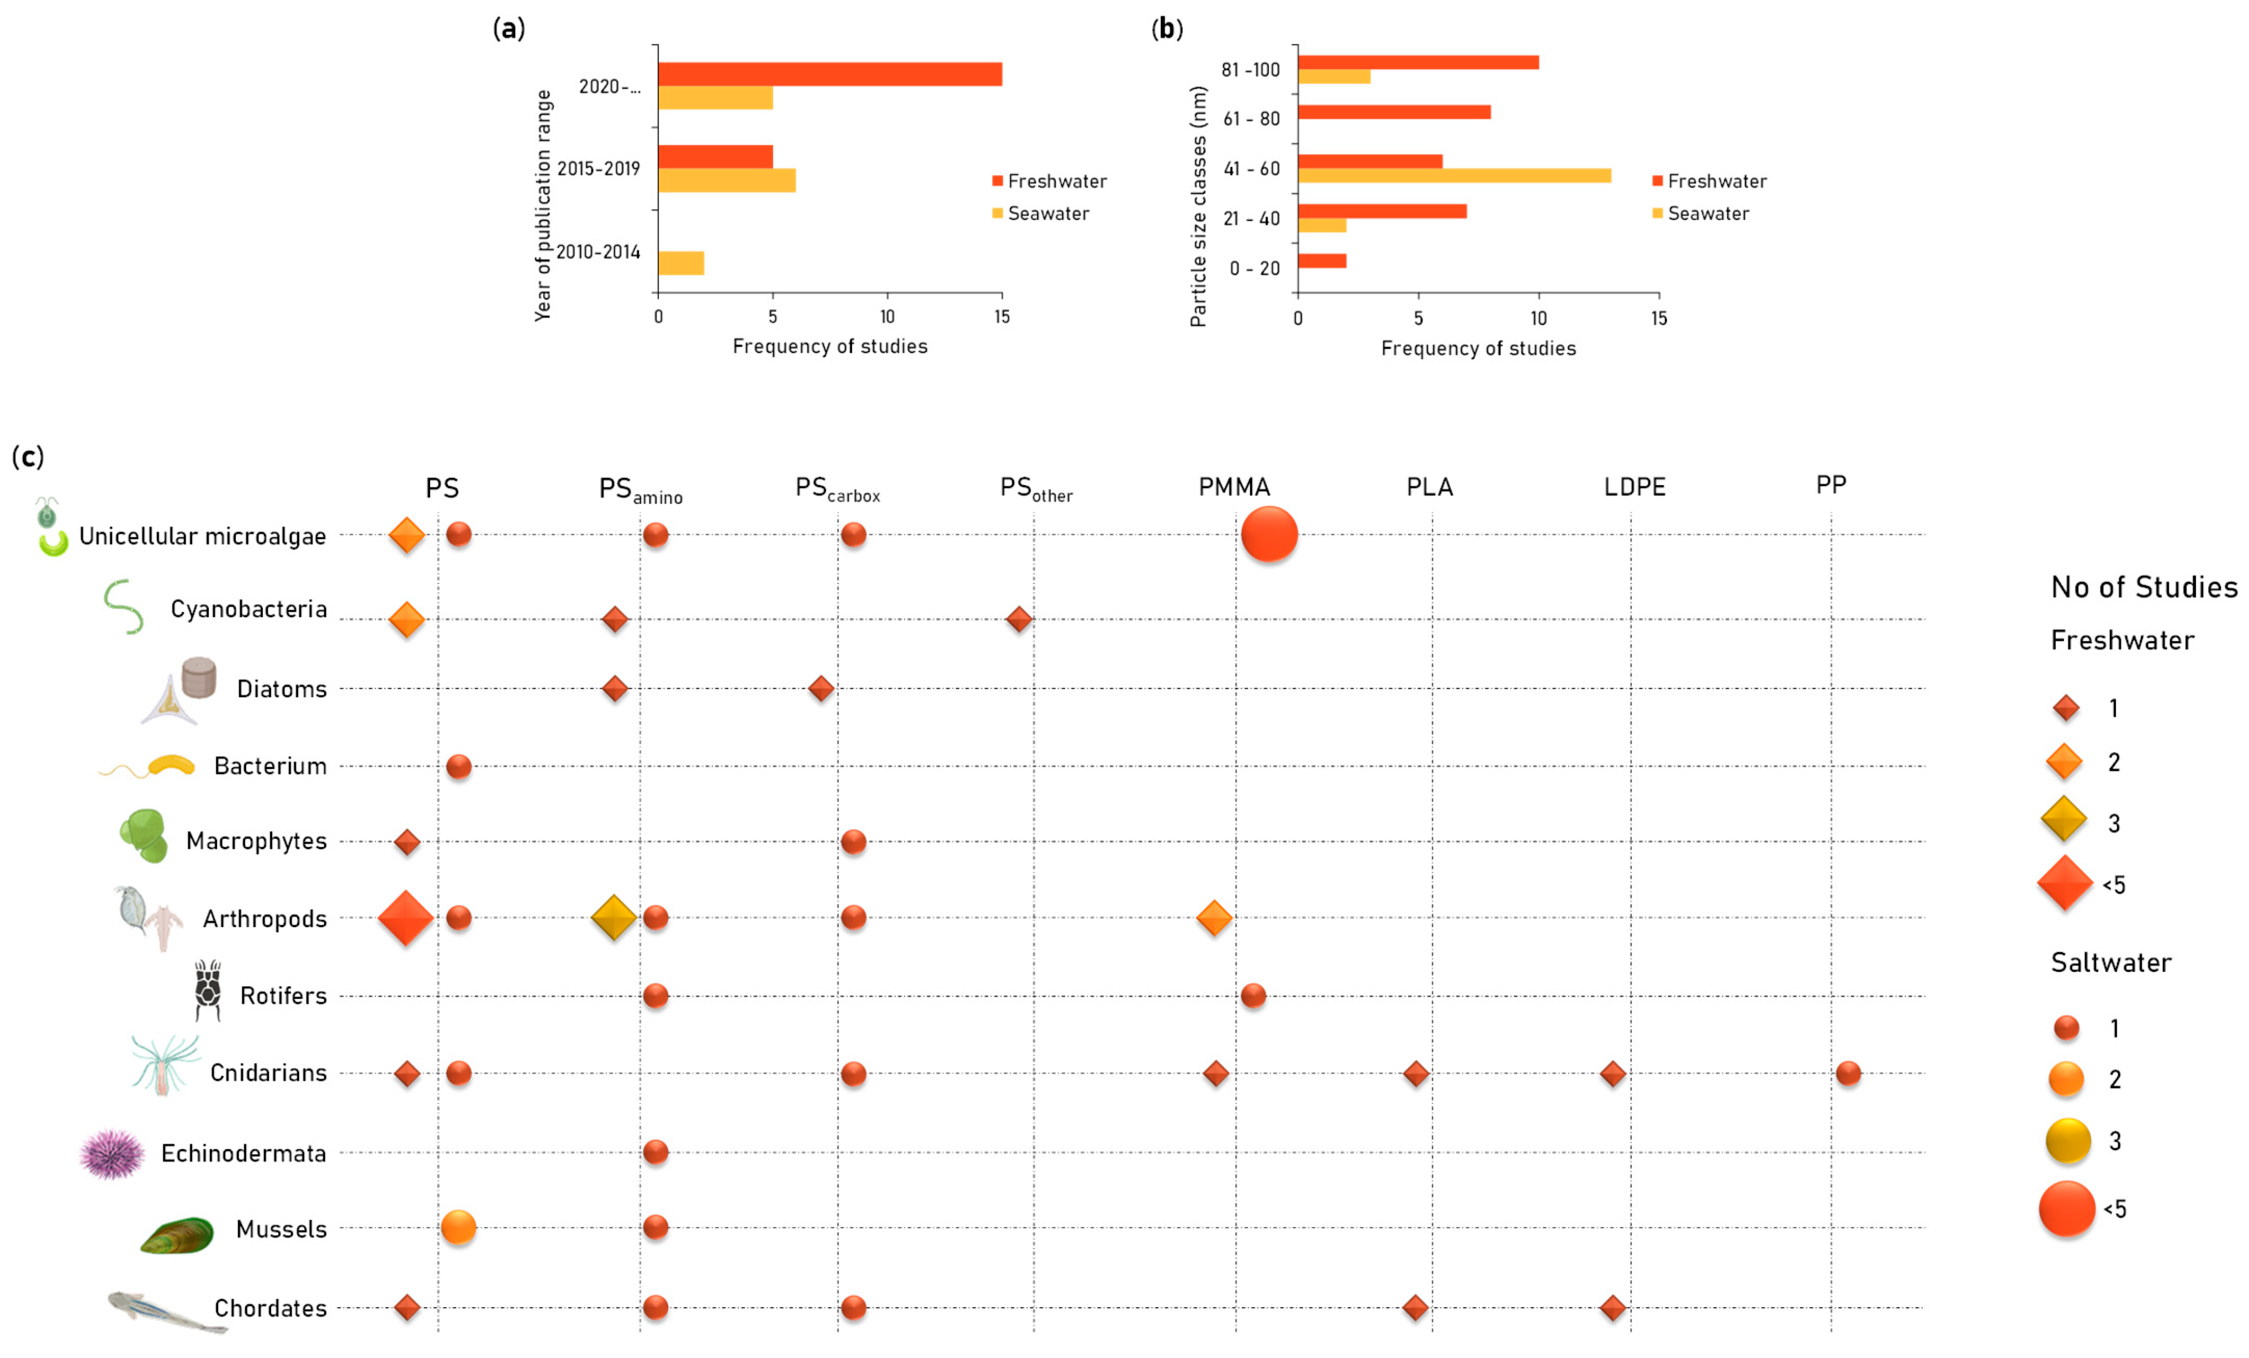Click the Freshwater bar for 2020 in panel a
pyautogui.click(x=830, y=74)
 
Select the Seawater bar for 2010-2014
pyautogui.click(x=681, y=263)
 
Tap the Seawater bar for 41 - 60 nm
pyautogui.click(x=1454, y=175)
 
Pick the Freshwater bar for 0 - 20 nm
pyautogui.click(x=1322, y=261)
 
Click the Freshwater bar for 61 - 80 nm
pyautogui.click(x=1394, y=112)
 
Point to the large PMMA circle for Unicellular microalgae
pyautogui.click(x=1269, y=534)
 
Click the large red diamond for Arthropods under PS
pyautogui.click(x=406, y=918)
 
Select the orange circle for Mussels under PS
pyautogui.click(x=458, y=1228)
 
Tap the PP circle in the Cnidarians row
pyautogui.click(x=1848, y=1073)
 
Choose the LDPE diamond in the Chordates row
pyautogui.click(x=1613, y=1308)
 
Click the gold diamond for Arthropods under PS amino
pyautogui.click(x=613, y=918)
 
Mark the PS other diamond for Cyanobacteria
pyautogui.click(x=1019, y=619)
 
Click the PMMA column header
pyautogui.click(x=1234, y=487)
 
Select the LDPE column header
pyautogui.click(x=1635, y=487)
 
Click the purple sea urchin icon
pyautogui.click(x=112, y=1154)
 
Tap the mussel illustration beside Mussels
pyautogui.click(x=177, y=1235)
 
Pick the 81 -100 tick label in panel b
pyautogui.click(x=1251, y=70)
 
